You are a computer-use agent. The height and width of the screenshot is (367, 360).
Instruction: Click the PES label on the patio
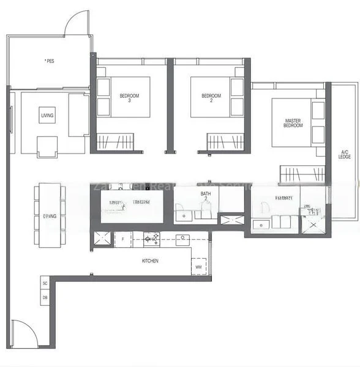49,61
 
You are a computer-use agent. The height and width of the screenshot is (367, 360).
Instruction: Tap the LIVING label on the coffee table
47,115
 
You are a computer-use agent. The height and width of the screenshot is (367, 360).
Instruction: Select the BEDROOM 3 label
129,97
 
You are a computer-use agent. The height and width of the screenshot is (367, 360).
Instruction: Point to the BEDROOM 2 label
211,97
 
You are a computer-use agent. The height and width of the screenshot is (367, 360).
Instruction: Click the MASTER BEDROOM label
293,122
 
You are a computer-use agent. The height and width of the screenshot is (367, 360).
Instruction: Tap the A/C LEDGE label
345,154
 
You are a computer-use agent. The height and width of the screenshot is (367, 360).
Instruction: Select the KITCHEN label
150,261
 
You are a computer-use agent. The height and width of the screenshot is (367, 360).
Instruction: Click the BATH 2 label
206,197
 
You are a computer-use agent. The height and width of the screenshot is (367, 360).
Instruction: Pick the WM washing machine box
198,267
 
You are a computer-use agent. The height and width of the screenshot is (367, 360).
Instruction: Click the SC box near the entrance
45,283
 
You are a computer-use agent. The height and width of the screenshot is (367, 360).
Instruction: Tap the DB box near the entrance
45,297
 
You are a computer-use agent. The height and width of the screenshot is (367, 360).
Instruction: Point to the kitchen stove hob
151,239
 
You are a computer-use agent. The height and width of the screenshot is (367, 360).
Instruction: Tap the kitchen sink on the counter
182,240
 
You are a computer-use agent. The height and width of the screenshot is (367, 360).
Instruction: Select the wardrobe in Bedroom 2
225,143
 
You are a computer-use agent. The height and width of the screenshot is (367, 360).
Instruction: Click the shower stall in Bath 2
232,220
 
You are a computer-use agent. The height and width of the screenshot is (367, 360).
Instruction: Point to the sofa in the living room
78,115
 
